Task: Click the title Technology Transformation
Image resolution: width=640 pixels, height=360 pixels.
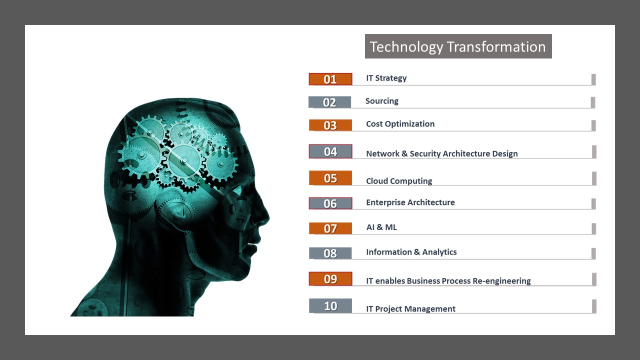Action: [457, 46]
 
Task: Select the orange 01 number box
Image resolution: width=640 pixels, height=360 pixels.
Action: [330, 79]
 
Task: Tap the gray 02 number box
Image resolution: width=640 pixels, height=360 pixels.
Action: [329, 102]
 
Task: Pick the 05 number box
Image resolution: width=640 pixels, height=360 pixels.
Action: [330, 178]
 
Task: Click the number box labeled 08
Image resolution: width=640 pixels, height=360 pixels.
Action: [330, 253]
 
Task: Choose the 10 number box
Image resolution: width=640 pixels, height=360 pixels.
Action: [330, 305]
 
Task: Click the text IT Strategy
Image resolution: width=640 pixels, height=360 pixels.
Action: [386, 78]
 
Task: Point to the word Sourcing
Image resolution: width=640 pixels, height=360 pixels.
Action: [381, 101]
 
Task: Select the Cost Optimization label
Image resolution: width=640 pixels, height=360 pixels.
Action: [400, 124]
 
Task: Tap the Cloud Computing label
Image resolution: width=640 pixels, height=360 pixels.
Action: [399, 181]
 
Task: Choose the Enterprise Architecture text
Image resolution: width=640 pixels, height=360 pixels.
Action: [410, 202]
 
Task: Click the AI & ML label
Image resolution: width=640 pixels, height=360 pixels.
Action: [381, 227]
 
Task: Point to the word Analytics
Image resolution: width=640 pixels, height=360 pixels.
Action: [439, 252]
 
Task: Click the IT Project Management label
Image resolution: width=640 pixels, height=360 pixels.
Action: [411, 309]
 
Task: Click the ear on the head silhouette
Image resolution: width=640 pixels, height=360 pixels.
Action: [177, 213]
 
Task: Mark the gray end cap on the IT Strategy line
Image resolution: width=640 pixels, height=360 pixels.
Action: [593, 79]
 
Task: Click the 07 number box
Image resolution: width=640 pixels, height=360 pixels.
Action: [330, 228]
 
